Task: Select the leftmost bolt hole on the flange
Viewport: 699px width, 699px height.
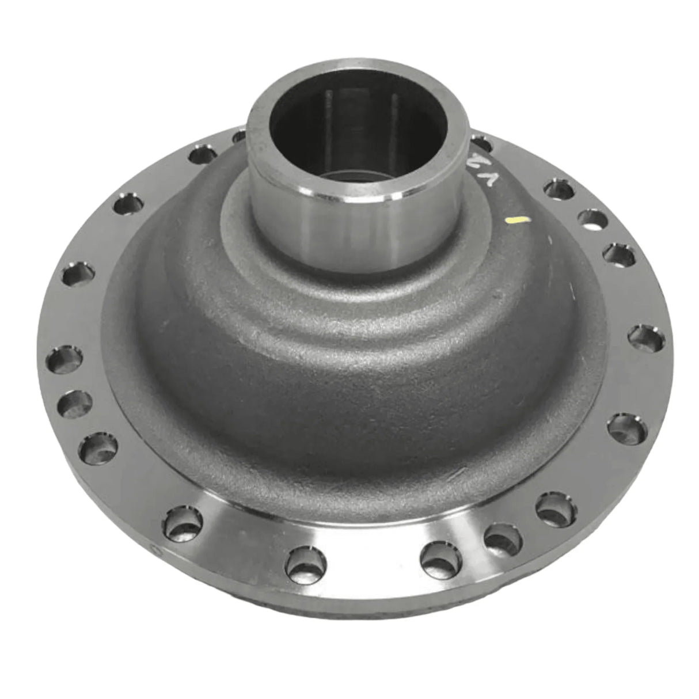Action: point(68,360)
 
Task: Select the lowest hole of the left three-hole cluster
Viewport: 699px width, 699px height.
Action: point(98,447)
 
